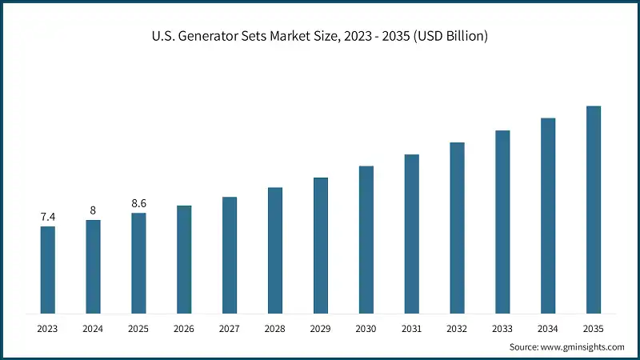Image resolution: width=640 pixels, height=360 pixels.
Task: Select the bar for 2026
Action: [x=184, y=258]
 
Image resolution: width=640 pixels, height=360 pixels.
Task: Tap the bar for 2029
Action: [x=321, y=245]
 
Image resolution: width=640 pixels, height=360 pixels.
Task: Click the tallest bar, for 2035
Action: [x=593, y=209]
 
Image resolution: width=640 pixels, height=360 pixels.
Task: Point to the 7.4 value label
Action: [x=48, y=217]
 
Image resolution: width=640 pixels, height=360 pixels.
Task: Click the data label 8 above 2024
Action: [x=93, y=210]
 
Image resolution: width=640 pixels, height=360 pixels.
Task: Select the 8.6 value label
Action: [x=138, y=203]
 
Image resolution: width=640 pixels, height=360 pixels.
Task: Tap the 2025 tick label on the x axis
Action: [x=138, y=328]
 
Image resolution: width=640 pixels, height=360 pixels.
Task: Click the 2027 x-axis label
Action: [x=230, y=328]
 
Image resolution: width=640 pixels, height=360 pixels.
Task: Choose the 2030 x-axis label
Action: [x=366, y=328]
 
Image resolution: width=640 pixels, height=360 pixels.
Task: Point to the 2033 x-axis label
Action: [x=502, y=328]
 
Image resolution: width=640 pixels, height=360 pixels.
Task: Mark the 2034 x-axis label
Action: [x=548, y=328]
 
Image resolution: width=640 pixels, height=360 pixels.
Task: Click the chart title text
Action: [x=320, y=36]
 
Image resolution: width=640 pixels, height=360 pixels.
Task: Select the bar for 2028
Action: [x=275, y=250]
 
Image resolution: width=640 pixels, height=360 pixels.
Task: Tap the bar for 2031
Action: [x=411, y=233]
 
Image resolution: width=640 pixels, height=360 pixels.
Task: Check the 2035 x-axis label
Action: [x=593, y=328]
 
